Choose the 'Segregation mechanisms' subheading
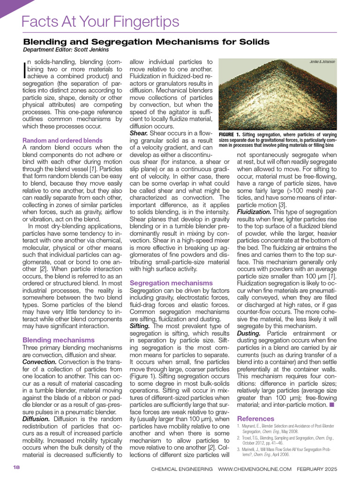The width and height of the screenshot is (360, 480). click(171, 283)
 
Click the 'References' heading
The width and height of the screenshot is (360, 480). click(255, 418)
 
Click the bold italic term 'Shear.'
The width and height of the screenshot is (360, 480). click(139, 133)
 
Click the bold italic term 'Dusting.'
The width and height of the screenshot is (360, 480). click(249, 333)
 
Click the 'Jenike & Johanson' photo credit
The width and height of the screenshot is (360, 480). click(322, 62)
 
